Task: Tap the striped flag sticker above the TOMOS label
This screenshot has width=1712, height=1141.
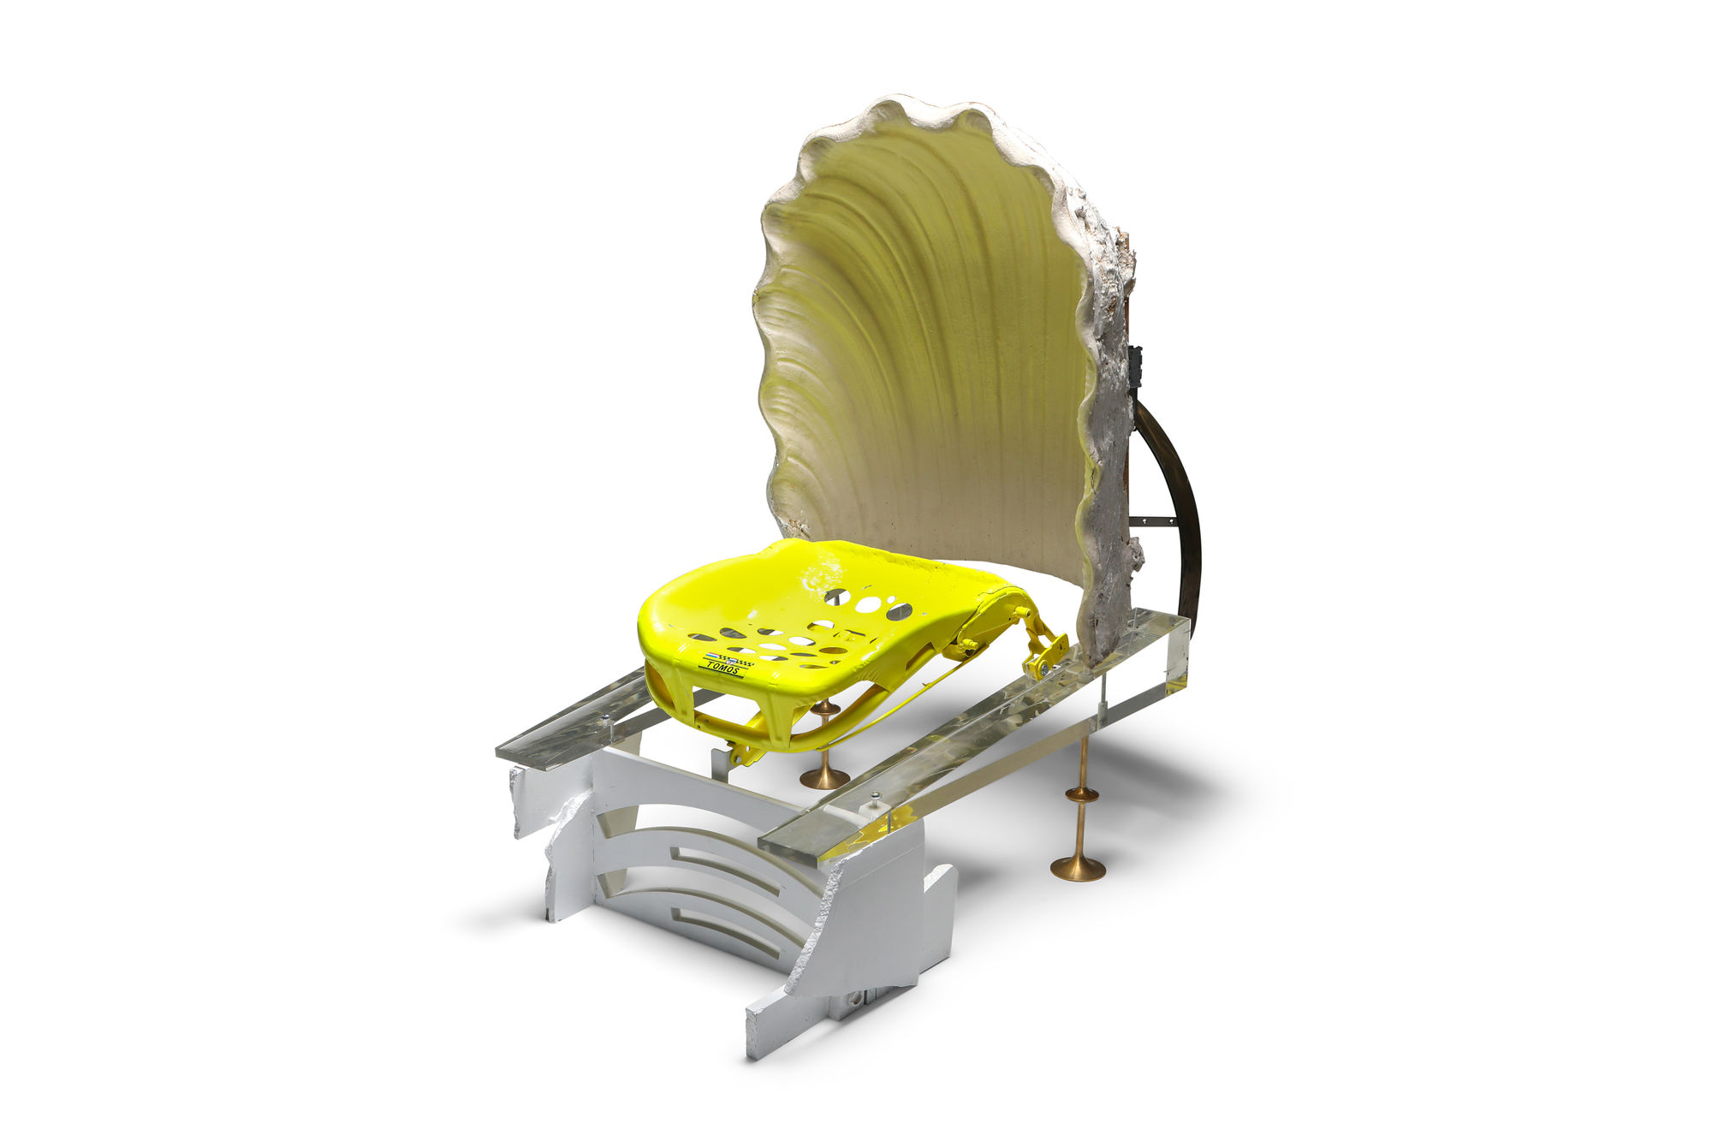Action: [x=716, y=657]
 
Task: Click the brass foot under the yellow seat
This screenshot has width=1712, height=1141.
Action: [x=824, y=777]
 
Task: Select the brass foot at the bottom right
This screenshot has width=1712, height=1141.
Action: [x=1078, y=867]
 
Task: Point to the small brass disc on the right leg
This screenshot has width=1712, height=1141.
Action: [x=1081, y=794]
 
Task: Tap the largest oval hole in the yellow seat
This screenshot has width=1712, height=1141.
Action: [x=899, y=611]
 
